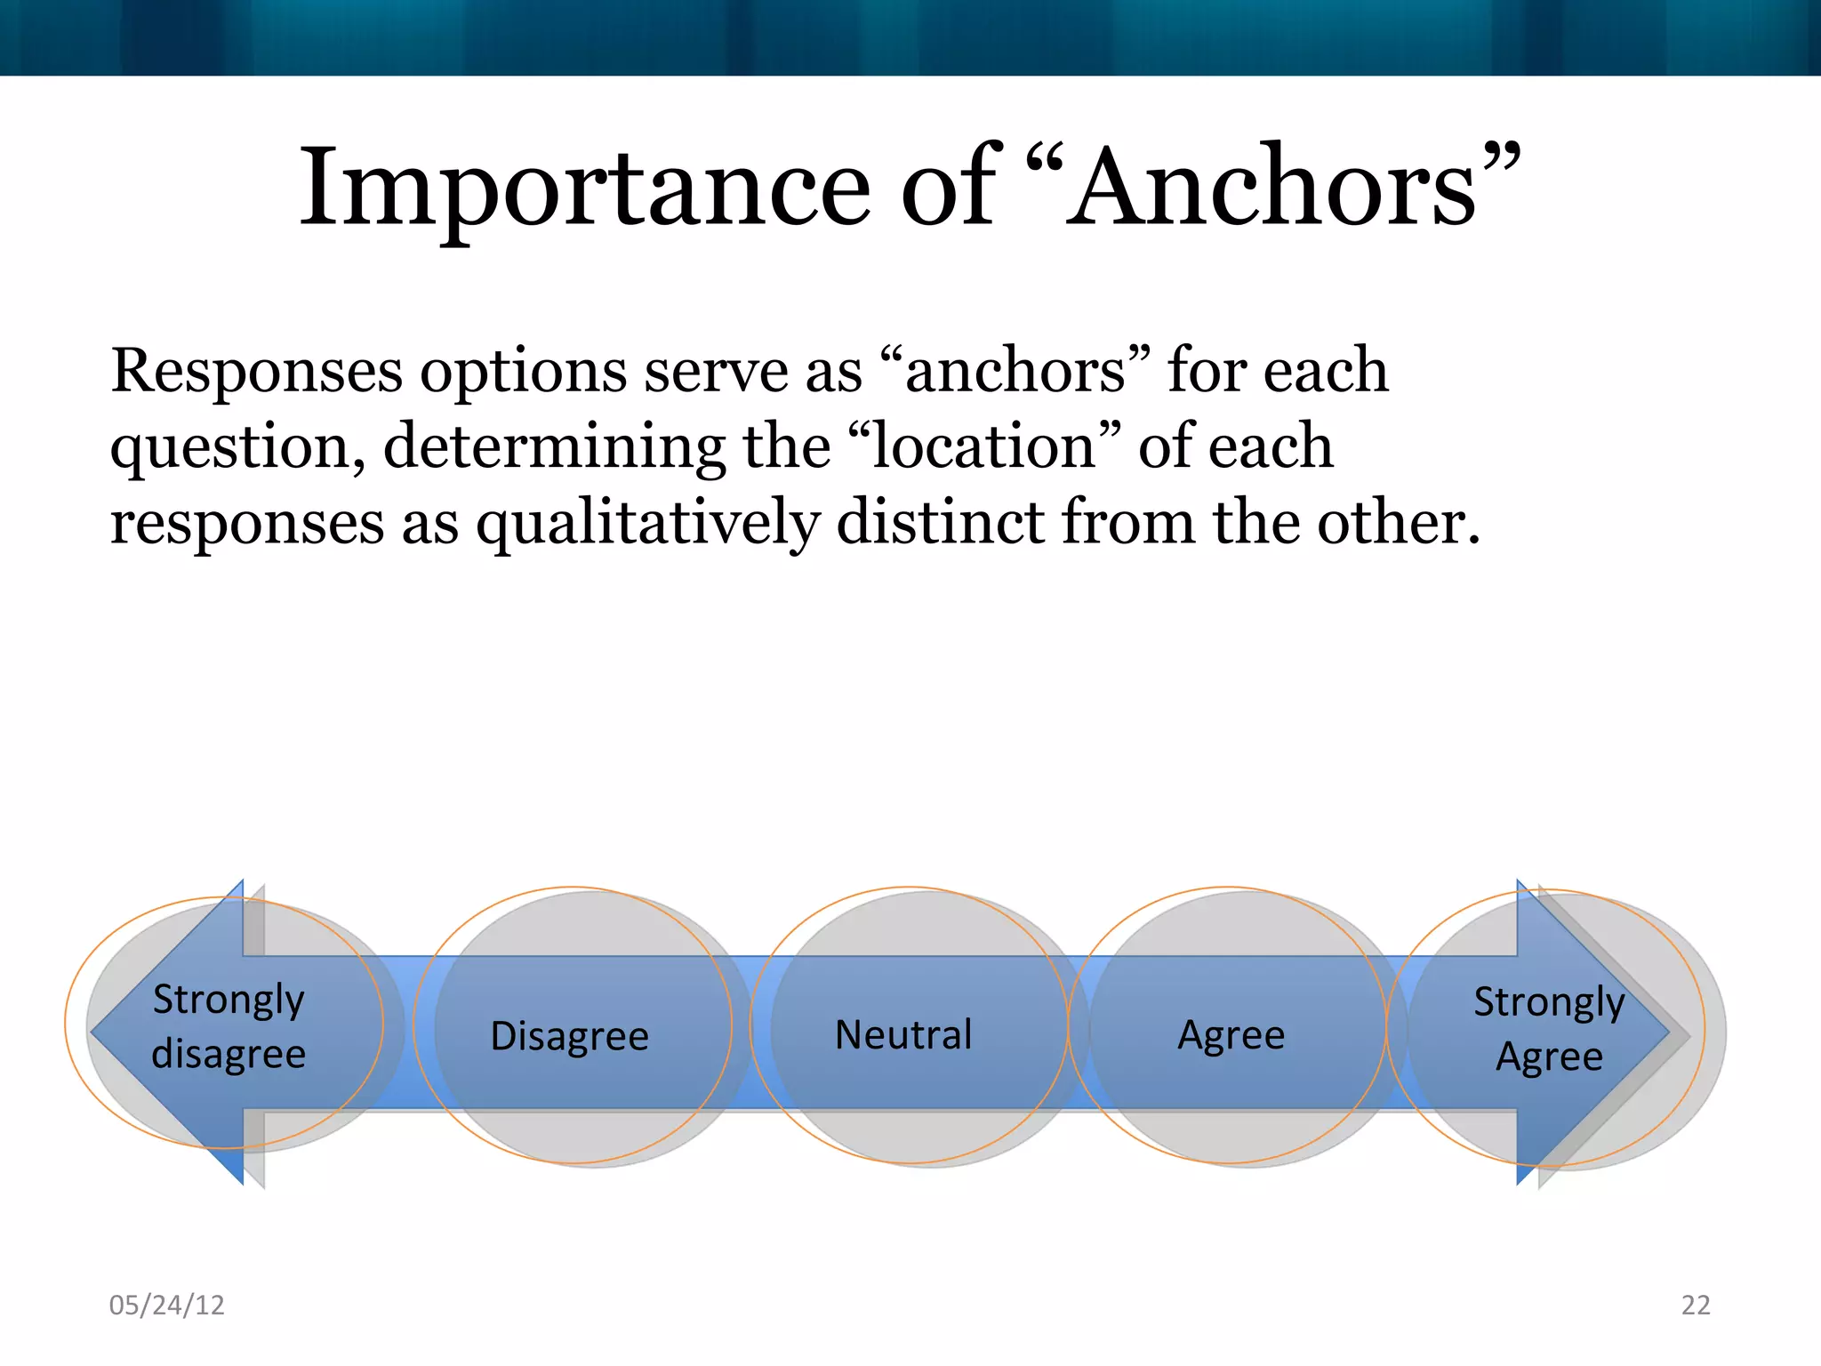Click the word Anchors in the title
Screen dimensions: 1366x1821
coord(1271,189)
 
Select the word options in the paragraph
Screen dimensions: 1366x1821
coord(523,372)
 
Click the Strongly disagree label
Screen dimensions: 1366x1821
coord(229,1026)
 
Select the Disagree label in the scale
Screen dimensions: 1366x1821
coord(570,1036)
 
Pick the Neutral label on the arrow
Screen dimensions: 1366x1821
coord(903,1034)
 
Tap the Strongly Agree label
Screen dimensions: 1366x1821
coord(1549,1029)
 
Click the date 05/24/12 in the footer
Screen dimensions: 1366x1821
coord(166,1305)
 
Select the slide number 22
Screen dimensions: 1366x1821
coord(1696,1305)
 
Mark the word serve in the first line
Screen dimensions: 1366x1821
coord(716,371)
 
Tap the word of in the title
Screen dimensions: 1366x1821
coord(948,189)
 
